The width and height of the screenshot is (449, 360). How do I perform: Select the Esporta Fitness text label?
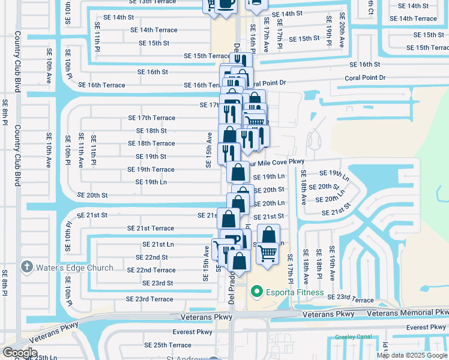click(x=295, y=293)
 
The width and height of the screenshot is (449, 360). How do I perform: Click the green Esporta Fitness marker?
click(x=257, y=293)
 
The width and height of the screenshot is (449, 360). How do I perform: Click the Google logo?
click(x=20, y=352)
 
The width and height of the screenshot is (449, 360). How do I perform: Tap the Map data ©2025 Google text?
click(x=412, y=355)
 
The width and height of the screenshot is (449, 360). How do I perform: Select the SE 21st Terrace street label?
click(x=151, y=229)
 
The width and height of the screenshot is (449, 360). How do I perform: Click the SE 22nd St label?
click(x=152, y=257)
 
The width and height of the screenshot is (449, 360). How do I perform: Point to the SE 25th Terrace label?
click(x=168, y=346)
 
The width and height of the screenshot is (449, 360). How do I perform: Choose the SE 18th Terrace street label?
click(x=151, y=144)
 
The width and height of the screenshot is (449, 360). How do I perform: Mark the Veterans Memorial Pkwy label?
click(x=408, y=313)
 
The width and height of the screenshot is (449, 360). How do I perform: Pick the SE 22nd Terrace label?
click(x=151, y=271)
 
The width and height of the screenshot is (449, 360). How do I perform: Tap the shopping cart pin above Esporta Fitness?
click(x=267, y=253)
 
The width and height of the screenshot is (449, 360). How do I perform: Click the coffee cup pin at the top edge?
click(x=226, y=5)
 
